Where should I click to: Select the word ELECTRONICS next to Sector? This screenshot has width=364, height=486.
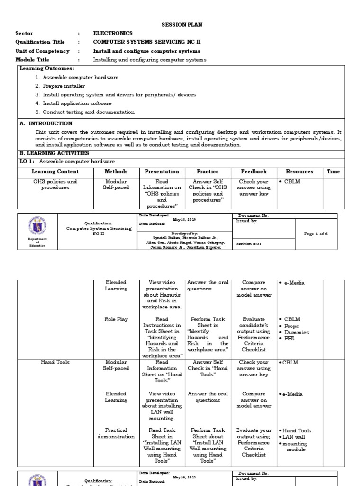tap(113, 33)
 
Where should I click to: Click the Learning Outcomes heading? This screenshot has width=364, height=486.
tap(40, 68)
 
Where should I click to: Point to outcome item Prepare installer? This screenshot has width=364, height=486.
tap(64, 86)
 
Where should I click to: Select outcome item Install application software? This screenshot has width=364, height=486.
tap(77, 103)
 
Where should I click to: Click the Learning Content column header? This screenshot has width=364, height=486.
tap(55, 172)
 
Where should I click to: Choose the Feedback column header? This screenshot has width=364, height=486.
tap(254, 172)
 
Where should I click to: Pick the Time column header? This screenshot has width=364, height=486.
tap(333, 172)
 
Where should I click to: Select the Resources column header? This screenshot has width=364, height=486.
tap(299, 172)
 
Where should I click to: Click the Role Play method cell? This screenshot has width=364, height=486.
tap(116, 319)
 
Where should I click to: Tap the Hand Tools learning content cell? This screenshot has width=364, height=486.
tap(55, 362)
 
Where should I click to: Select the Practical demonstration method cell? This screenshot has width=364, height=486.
tap(116, 433)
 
